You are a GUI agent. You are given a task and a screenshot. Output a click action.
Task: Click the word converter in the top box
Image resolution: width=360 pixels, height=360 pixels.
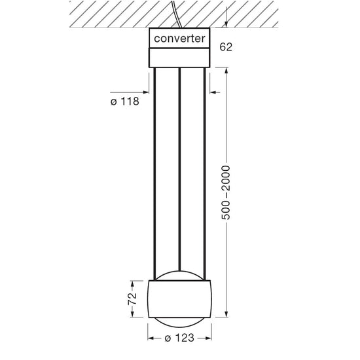click(x=179, y=39)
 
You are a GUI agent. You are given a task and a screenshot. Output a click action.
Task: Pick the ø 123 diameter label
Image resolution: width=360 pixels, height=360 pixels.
click(x=179, y=339)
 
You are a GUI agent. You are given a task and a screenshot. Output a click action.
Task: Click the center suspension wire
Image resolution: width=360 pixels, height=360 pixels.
click(x=179, y=164)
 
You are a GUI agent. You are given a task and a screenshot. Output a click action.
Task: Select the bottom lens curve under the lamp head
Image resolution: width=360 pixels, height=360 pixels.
click(x=179, y=320)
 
